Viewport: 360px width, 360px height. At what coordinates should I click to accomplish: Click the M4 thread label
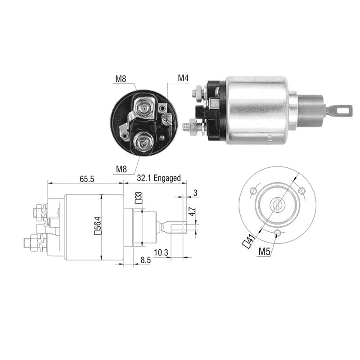pos(183,78)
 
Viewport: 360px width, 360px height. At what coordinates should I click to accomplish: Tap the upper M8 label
pos(121,79)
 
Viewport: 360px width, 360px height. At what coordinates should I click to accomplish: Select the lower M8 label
pos(121,169)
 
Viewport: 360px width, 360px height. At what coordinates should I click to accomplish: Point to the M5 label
pos(264,252)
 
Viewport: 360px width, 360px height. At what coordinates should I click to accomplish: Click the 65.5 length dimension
pos(87,179)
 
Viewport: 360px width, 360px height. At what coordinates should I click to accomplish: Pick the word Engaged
pos(167,178)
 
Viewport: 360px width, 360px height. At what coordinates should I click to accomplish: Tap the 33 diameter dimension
pos(139,198)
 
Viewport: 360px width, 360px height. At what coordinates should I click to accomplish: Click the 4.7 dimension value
pos(193,211)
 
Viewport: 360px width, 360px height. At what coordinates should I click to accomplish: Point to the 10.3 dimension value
pos(161,252)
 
